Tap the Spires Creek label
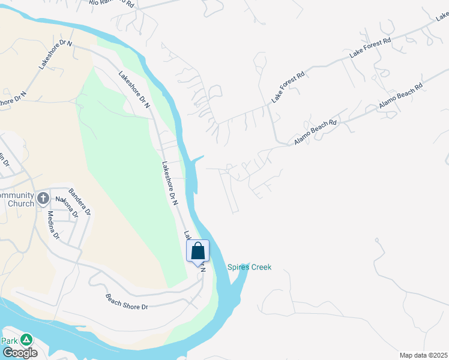pyautogui.click(x=249, y=268)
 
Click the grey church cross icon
pyautogui.click(x=43, y=198)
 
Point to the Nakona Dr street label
pyautogui.click(x=68, y=206)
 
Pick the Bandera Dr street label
pyautogui.click(x=80, y=202)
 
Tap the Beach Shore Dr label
pyautogui.click(x=127, y=302)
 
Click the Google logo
pyautogui.click(x=19, y=353)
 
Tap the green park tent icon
pyautogui.click(x=26, y=340)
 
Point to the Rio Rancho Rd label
pyautogui.click(x=112, y=3)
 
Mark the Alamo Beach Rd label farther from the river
pyautogui.click(x=400, y=96)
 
